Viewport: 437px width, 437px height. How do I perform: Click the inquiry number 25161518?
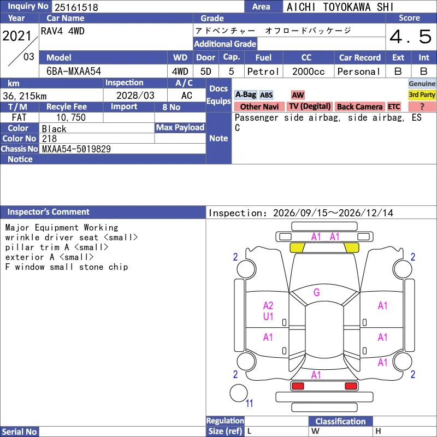pos(76,7)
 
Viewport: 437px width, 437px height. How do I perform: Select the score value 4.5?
pos(410,37)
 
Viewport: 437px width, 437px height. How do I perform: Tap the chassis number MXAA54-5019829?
pos(76,149)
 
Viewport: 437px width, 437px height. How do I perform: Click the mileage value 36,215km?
pos(25,96)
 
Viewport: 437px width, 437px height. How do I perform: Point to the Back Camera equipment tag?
pos(359,107)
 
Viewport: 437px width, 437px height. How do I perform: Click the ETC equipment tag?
pos(394,107)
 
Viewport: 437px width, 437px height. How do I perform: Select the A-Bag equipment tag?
pos(245,95)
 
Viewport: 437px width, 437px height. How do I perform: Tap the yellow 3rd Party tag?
pos(422,95)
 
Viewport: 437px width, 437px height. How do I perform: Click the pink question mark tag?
pos(422,107)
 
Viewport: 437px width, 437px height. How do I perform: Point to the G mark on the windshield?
pos(317,292)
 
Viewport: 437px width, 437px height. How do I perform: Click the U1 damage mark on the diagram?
pos(268,316)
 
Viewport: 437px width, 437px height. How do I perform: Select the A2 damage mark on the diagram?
pos(268,306)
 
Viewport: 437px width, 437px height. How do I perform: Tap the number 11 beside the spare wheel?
pos(249,403)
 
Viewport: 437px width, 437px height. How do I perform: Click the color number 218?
pos(49,139)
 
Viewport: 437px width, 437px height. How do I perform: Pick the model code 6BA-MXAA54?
pos(74,72)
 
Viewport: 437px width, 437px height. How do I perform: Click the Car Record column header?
pos(359,58)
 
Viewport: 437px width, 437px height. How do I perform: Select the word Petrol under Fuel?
pos(263,72)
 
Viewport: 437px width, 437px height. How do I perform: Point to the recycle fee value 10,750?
pos(71,117)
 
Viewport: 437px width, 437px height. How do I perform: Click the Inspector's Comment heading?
pos(48,212)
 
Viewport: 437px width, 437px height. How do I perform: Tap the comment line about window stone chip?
pos(67,267)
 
